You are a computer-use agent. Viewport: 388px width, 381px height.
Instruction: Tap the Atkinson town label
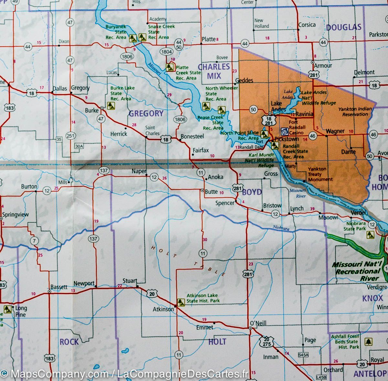click(163, 309)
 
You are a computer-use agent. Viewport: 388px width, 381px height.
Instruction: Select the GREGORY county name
click(146, 113)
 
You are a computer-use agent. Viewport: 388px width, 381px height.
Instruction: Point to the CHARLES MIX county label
click(213, 71)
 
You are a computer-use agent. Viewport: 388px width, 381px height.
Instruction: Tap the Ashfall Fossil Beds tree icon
click(368, 342)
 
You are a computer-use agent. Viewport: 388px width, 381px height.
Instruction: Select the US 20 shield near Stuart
click(152, 294)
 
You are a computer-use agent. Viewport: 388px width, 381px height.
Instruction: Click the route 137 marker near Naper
click(103, 170)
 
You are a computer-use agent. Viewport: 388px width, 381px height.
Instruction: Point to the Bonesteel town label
click(192, 136)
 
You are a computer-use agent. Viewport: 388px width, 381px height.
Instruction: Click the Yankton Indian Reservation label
click(355, 112)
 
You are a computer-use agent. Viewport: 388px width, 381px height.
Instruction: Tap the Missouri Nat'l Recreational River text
click(357, 271)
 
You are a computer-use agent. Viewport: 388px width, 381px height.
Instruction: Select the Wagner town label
click(335, 131)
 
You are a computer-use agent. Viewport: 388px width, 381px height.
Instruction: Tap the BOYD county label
click(252, 192)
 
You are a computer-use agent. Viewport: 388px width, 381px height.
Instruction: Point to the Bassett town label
click(59, 287)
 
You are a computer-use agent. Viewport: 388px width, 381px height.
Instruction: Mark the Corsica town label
click(307, 25)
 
